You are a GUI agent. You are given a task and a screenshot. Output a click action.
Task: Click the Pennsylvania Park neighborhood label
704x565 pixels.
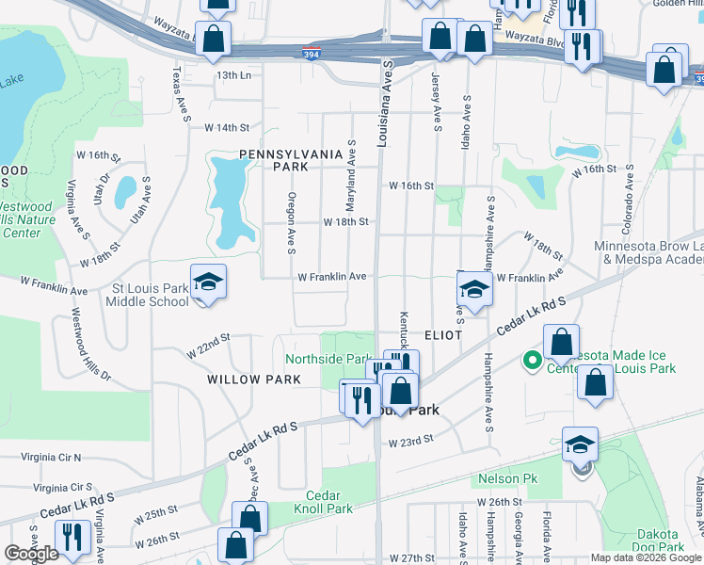coord(274,159)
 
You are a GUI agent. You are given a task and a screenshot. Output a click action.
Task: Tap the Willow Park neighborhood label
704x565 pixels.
coord(254,379)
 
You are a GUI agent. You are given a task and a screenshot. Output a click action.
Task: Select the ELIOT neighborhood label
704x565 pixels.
coord(442,335)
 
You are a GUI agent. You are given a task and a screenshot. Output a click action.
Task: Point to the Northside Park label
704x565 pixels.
coord(328,359)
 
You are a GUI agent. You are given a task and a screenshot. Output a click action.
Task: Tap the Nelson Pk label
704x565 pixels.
coord(507,478)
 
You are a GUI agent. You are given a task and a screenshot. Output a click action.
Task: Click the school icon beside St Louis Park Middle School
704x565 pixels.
coord(208,282)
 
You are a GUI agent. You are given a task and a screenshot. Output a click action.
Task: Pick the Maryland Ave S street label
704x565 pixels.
coord(350,161)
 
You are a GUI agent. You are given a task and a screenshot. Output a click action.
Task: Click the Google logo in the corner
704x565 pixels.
coord(31,553)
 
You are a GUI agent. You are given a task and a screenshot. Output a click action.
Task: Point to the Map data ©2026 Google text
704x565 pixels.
coord(646,557)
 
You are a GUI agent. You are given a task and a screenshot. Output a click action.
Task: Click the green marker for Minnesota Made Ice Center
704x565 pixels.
coord(531,359)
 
